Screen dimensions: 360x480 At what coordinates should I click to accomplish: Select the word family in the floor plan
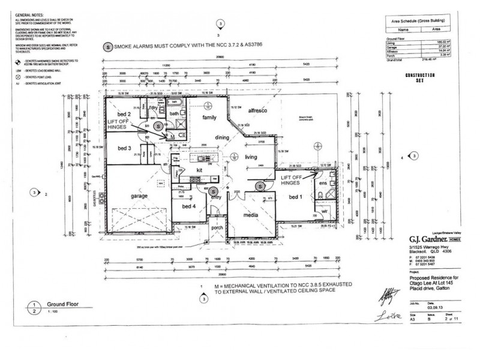coord(208,117)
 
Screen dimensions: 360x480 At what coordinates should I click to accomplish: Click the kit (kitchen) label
coord(200,171)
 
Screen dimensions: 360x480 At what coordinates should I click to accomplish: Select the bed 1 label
coord(296,197)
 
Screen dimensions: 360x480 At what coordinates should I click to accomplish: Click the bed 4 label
coord(181,207)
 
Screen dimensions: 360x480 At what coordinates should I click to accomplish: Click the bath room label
coord(173,112)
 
